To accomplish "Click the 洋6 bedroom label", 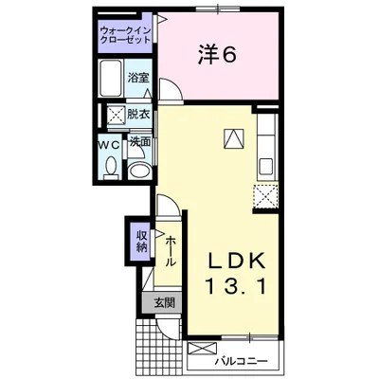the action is click(x=217, y=56).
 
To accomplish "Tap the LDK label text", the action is click(x=236, y=261).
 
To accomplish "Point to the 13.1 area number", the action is click(x=236, y=286).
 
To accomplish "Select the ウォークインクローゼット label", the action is click(x=125, y=35).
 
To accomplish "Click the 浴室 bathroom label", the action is click(x=138, y=78).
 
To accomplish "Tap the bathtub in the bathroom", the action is click(x=111, y=78).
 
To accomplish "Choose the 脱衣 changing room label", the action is click(x=138, y=115).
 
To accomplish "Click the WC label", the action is click(x=109, y=145).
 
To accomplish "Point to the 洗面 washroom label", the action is click(x=140, y=142).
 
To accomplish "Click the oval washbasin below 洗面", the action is click(x=140, y=171).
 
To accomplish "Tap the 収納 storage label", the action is click(x=142, y=242).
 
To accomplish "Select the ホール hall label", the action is click(x=171, y=250).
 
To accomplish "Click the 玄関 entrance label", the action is click(x=164, y=303).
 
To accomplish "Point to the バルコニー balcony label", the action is click(x=242, y=361).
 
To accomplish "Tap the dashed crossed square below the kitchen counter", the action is click(x=265, y=196).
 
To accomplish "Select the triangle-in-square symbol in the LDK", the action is click(x=234, y=138).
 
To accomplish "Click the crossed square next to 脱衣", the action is click(x=116, y=115).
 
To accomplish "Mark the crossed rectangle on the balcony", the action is click(x=202, y=350).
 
